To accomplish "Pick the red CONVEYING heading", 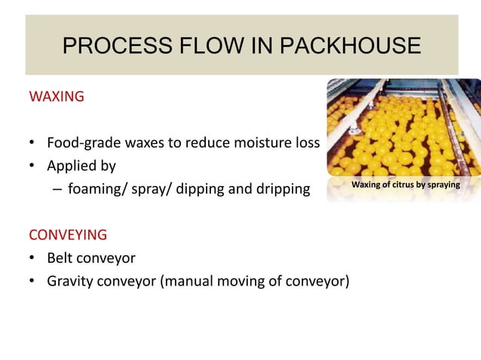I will (68, 233).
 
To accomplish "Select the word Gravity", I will (71, 282).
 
